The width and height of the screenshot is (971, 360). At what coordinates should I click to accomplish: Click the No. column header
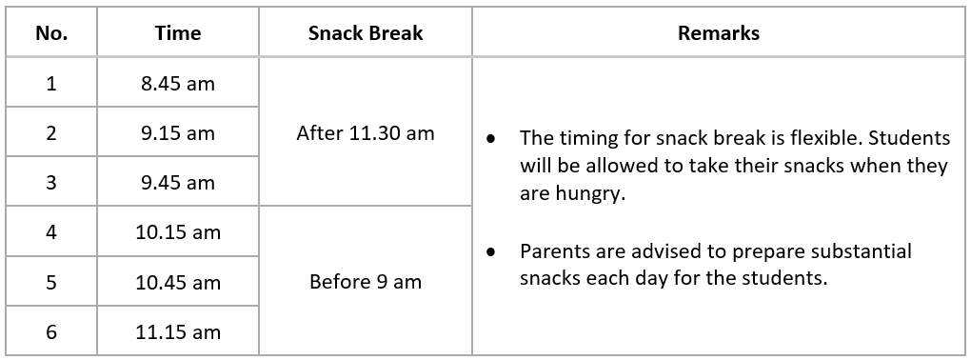(51, 32)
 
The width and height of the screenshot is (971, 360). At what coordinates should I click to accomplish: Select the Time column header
(178, 32)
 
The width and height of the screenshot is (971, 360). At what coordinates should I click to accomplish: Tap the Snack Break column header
(366, 32)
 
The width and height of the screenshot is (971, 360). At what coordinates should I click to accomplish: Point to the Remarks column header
(719, 32)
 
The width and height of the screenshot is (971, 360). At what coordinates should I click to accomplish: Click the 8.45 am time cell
(178, 83)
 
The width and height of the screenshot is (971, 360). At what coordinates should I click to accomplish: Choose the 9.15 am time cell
(178, 132)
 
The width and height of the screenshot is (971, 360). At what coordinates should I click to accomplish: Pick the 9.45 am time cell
(178, 183)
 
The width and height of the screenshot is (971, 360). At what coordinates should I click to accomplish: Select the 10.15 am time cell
(178, 232)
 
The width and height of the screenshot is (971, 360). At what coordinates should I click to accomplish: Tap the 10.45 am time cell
(178, 283)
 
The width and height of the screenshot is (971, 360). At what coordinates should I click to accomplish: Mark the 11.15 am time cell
(178, 332)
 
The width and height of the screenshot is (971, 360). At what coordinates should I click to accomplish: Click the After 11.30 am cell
(366, 132)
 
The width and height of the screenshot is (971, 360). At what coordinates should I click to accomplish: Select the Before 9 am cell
(366, 282)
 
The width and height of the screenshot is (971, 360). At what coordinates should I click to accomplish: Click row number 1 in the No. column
(51, 83)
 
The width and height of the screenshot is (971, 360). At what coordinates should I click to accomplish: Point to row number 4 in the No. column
(51, 232)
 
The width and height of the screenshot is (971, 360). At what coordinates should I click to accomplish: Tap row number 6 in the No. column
(51, 332)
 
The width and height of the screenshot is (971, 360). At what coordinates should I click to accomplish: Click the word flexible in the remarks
(823, 137)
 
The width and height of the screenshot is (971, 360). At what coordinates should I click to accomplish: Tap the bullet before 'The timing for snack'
(491, 139)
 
